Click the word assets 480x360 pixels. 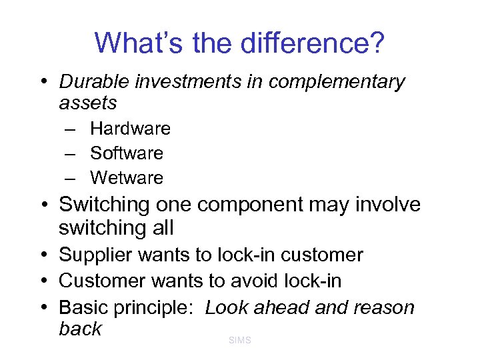pyautogui.click(x=88, y=103)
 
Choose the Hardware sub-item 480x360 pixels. pyautogui.click(x=130, y=128)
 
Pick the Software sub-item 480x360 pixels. pyautogui.click(x=127, y=153)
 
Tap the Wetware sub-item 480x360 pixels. pyautogui.click(x=127, y=178)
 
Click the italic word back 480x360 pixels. pyautogui.click(x=80, y=329)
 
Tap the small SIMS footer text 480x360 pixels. pyautogui.click(x=239, y=341)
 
